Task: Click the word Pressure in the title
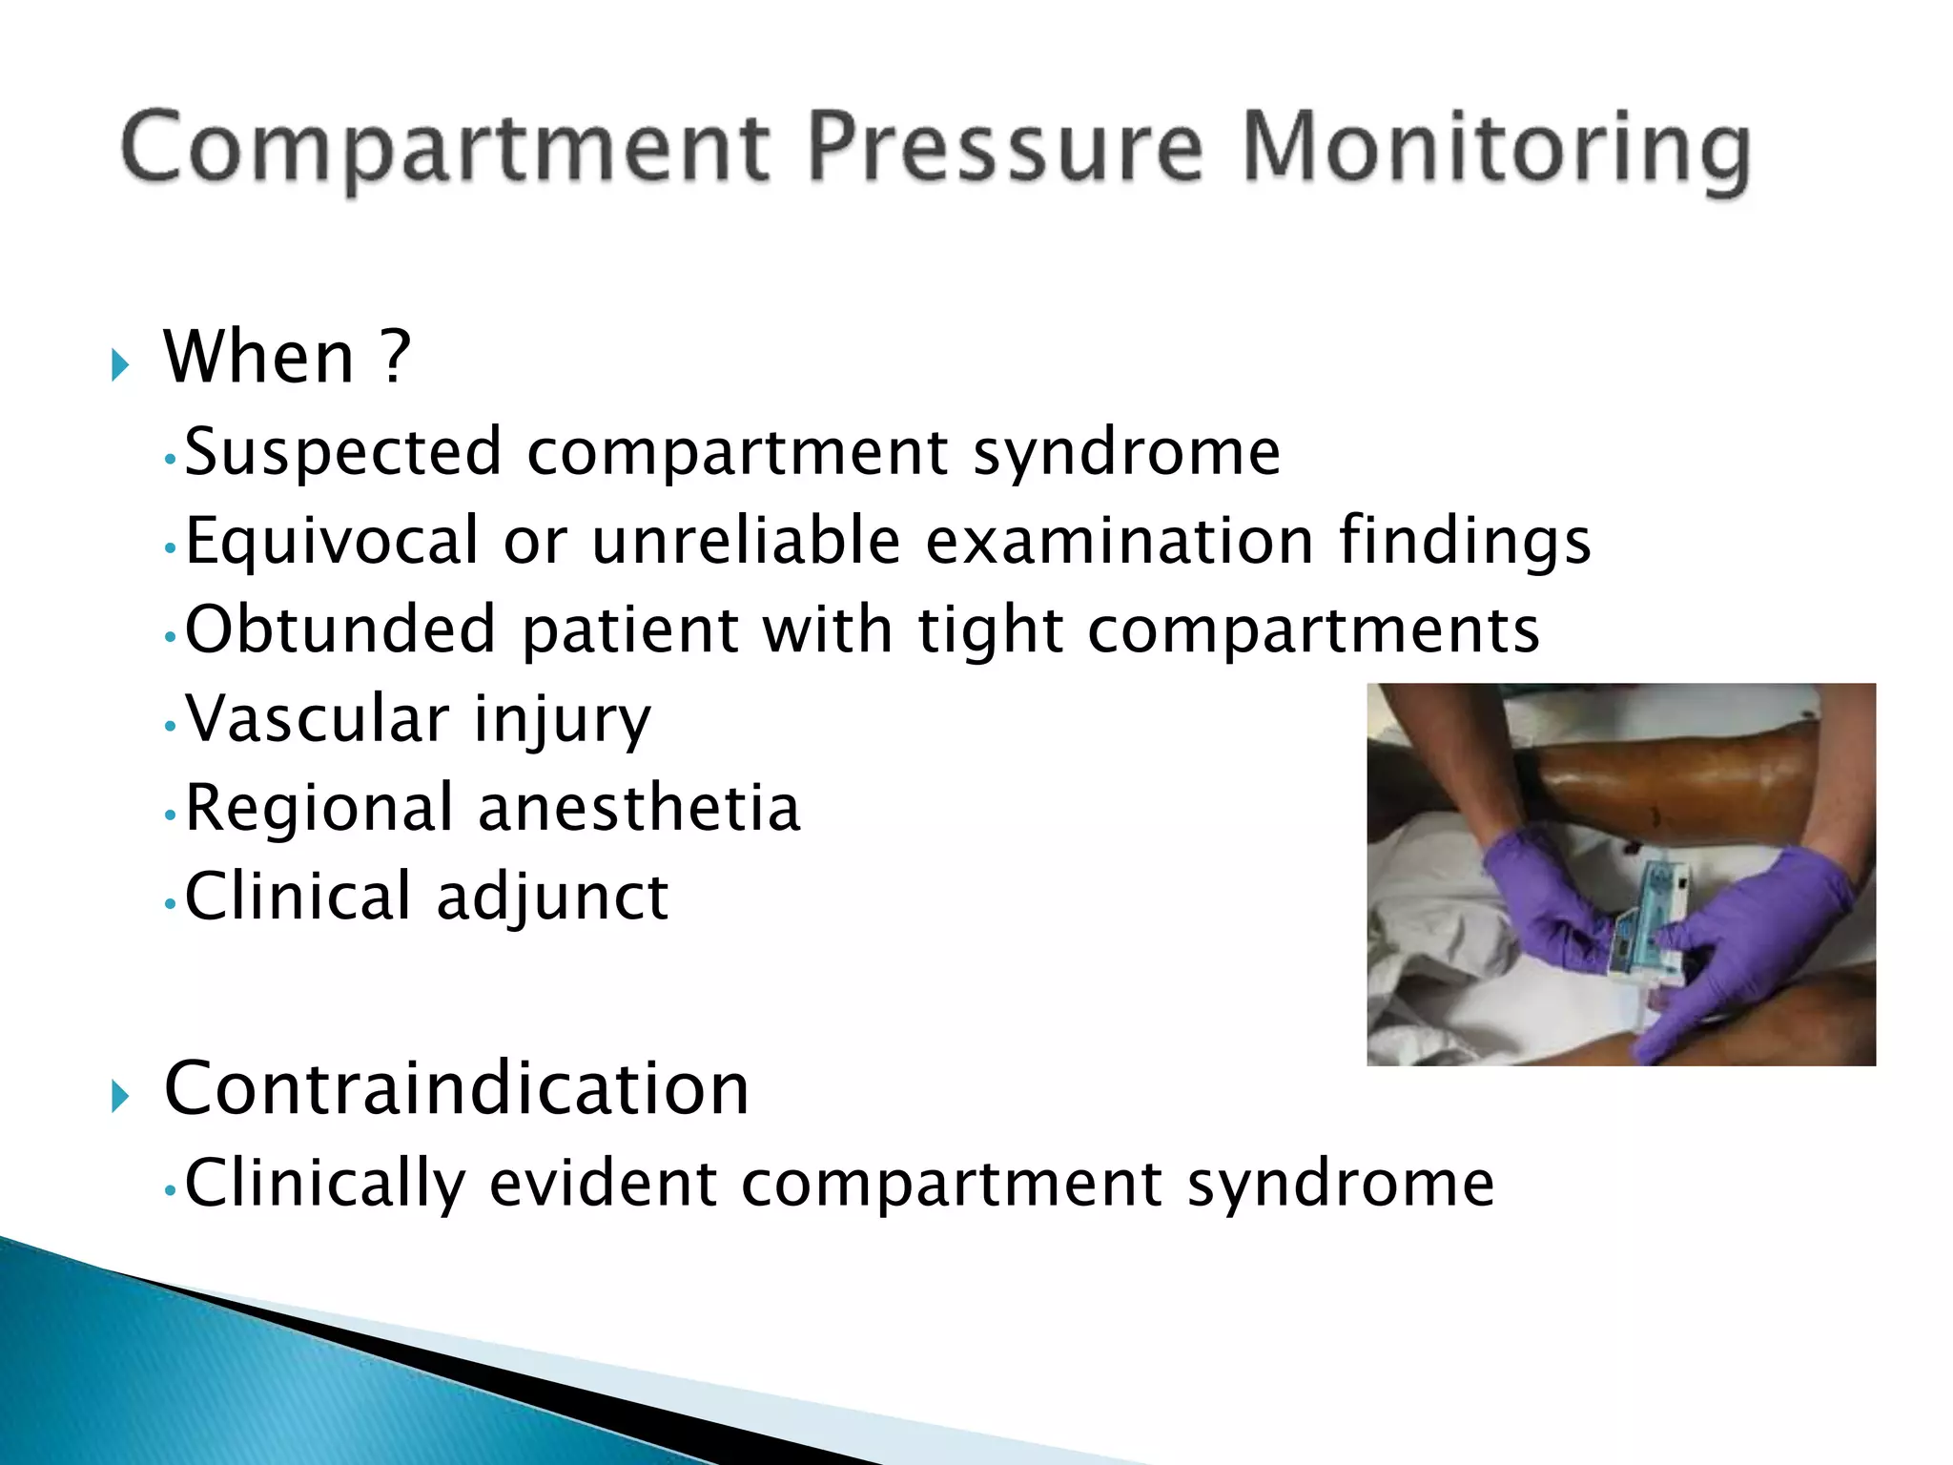(1006, 148)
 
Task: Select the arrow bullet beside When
(119, 364)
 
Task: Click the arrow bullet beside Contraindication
(119, 1096)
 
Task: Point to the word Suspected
(342, 452)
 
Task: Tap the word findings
(1464, 542)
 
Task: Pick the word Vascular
(317, 718)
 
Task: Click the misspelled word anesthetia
(638, 809)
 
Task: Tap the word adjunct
(552, 898)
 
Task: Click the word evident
(603, 1184)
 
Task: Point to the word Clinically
(324, 1184)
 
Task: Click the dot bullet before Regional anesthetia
(170, 815)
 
